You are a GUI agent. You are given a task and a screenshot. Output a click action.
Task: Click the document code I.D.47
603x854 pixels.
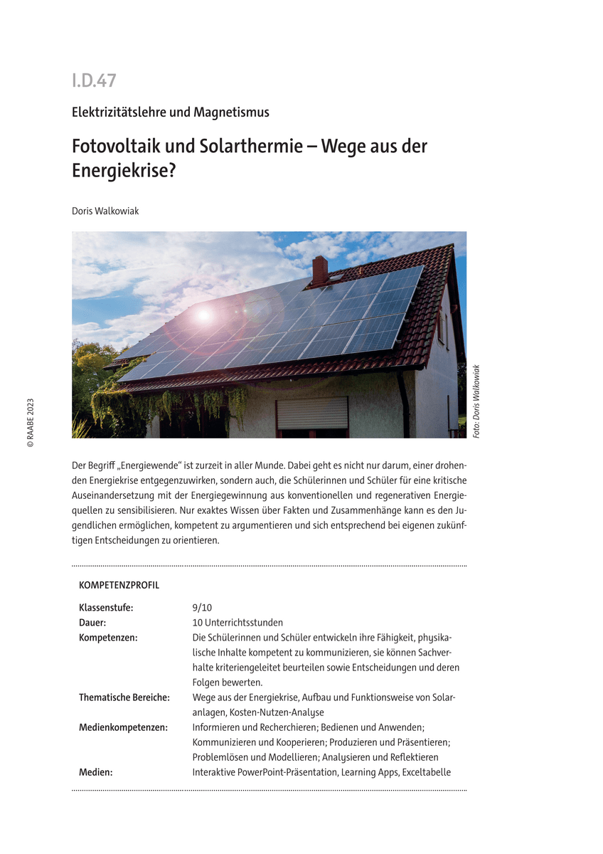point(94,80)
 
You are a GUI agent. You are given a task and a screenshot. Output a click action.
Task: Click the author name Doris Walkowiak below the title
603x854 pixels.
point(105,211)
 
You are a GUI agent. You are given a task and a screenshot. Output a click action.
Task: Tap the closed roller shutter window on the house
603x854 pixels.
point(312,413)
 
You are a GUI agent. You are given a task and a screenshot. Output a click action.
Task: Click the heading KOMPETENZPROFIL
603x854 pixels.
point(119,586)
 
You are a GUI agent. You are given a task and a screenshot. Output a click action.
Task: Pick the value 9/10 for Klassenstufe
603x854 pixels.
point(202,607)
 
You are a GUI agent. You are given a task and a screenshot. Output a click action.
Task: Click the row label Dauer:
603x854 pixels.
point(92,622)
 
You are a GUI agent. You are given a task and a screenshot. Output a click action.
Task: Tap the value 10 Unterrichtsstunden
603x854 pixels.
point(238,622)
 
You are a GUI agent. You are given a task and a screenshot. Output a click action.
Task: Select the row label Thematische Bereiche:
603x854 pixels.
point(124,697)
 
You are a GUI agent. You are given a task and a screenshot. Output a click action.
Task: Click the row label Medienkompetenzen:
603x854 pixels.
point(123,727)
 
